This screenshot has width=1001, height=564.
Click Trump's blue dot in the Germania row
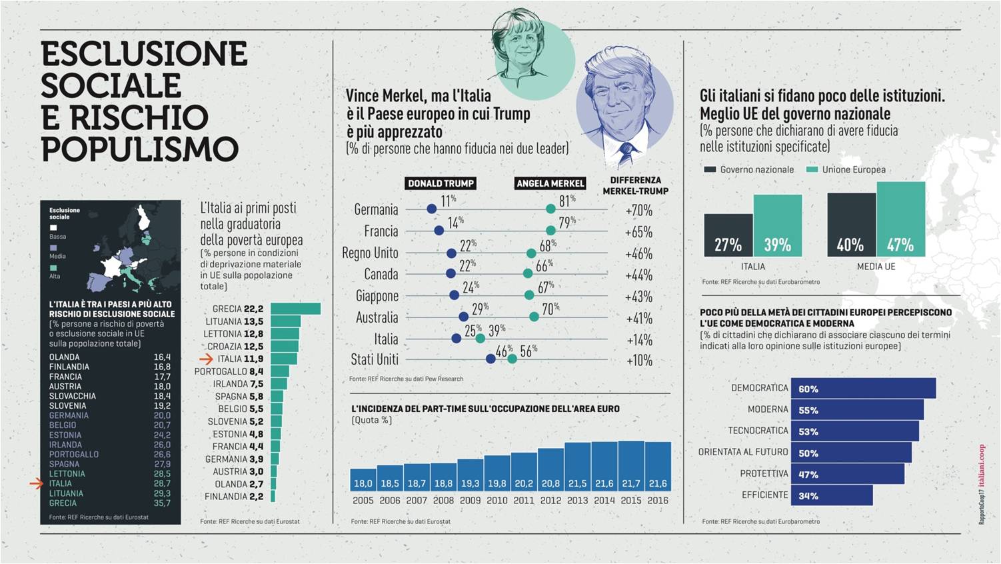coord(432,209)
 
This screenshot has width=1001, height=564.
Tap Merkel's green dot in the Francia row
coord(548,231)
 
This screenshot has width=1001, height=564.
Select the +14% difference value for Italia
coord(639,340)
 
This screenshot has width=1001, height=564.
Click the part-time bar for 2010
coord(497,473)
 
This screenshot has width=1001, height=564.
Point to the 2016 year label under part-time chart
coord(658,501)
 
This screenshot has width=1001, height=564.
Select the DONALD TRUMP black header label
coord(441,183)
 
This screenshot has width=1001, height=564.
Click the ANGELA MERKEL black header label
coord(550,183)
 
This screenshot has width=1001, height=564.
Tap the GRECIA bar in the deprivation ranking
coord(295,309)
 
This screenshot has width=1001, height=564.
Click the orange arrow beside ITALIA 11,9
coord(206,359)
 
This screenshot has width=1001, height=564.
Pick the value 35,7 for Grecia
coord(162,503)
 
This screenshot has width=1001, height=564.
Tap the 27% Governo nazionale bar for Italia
coord(728,235)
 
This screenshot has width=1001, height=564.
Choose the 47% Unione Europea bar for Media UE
coord(900,220)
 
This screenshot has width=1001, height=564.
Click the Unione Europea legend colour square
coord(812,170)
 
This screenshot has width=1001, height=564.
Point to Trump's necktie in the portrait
coord(626,155)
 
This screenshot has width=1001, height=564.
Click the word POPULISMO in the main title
coord(140,149)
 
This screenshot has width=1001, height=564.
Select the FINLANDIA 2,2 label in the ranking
coord(234,497)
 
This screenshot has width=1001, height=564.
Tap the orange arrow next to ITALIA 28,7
coord(36,484)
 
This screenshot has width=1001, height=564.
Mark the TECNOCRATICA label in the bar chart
coord(758,431)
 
